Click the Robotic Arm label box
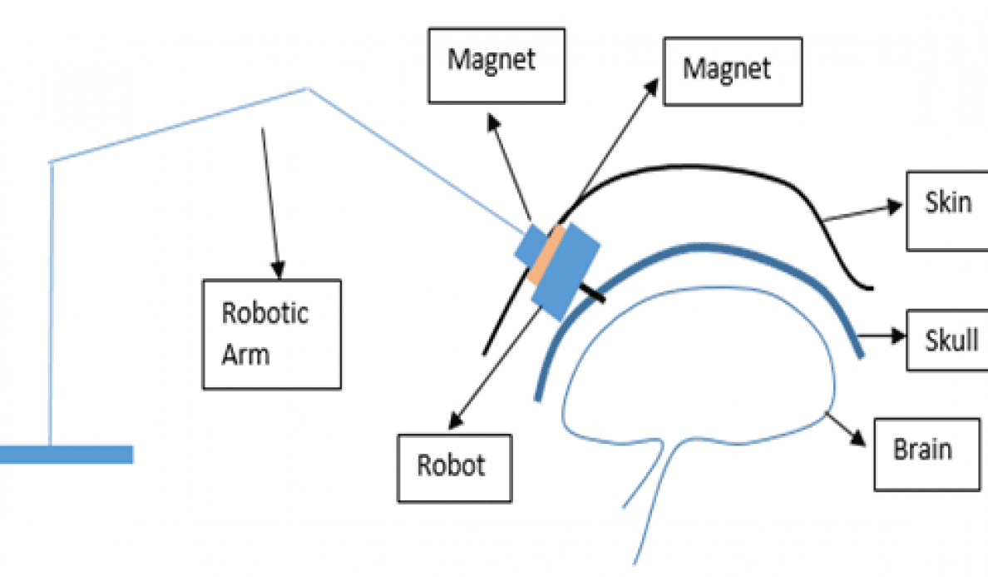click(272, 334)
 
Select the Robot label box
click(454, 467)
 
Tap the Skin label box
click(946, 211)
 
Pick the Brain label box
click(925, 452)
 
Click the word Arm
click(245, 355)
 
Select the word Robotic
click(264, 313)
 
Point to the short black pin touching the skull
click(591, 291)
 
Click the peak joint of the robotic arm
click(309, 88)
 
